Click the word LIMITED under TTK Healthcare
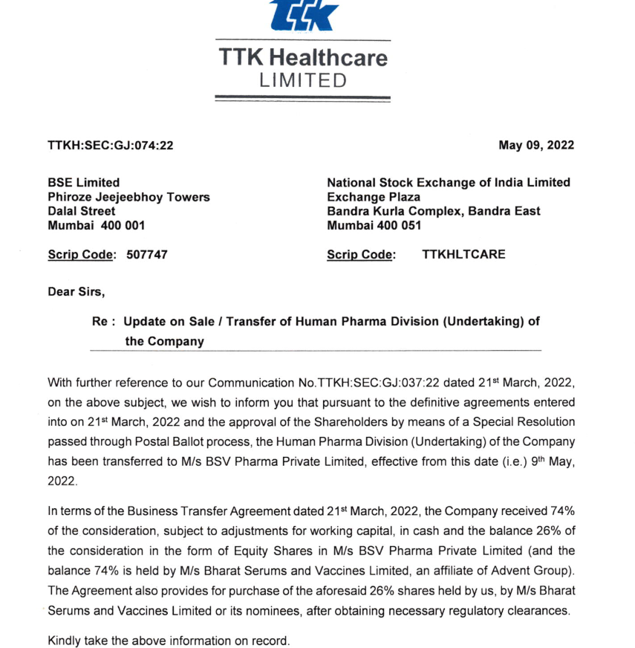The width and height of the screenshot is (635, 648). [302, 80]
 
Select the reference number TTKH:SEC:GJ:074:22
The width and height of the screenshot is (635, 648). [110, 146]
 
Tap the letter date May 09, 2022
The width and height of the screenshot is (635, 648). [536, 146]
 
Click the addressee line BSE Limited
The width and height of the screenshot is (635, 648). [83, 183]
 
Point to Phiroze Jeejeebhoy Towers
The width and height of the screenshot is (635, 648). [128, 197]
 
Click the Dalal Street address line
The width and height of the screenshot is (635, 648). [81, 211]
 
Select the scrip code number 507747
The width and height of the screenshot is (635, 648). [147, 255]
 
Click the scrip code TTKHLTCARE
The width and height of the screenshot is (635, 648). [463, 255]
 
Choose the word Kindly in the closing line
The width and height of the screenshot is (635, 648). [64, 640]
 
